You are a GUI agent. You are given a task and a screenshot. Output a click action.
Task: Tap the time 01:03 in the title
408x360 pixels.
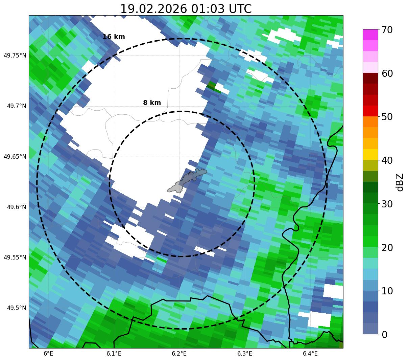point(208,9)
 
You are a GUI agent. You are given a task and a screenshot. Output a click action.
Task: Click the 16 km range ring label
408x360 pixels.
point(114,37)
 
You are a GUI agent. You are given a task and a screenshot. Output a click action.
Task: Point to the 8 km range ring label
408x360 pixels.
point(152,103)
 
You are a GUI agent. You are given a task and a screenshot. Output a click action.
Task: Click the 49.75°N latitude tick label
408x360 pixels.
point(15,55)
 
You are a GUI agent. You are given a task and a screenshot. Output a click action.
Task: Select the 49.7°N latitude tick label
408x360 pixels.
point(16,106)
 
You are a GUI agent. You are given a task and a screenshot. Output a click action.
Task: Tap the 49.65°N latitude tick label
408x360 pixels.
point(15,157)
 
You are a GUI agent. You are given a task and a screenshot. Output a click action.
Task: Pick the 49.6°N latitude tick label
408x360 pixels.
point(16,207)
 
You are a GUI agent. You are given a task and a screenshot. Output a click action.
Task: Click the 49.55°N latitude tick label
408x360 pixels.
point(15,257)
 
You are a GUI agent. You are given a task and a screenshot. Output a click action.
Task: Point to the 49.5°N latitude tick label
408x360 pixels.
point(16,308)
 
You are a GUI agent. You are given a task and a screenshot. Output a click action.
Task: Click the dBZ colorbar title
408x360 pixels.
point(400,182)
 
